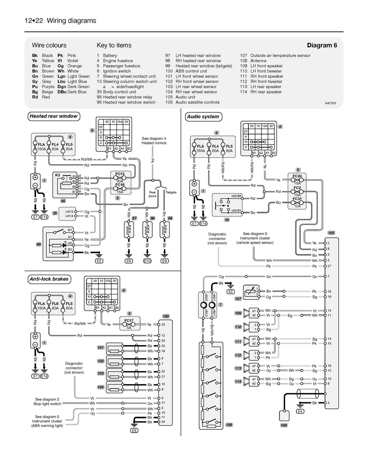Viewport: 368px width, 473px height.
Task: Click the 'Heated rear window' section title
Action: point(54,116)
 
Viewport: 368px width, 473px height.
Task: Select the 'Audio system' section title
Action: point(203,117)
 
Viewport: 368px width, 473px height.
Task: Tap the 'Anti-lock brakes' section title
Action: point(49,279)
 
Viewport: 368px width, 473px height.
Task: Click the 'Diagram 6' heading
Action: point(322,45)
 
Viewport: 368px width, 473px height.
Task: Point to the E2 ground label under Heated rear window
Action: point(99,261)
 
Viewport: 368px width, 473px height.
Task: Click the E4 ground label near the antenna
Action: point(300,411)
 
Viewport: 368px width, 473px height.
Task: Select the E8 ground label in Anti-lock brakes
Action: point(134,430)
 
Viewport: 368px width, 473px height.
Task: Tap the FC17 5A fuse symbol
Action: point(129,324)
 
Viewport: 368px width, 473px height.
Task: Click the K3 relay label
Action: point(58,175)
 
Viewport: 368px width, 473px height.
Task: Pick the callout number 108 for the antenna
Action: point(284,425)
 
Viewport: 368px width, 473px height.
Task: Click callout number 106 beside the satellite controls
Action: point(229,425)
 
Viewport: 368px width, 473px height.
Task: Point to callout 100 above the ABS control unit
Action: point(166,316)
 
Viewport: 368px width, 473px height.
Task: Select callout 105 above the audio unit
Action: point(331,233)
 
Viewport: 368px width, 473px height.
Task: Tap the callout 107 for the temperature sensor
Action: point(238,299)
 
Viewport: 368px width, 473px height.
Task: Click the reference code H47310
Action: point(331,103)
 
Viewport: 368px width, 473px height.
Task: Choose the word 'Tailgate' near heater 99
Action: point(171,192)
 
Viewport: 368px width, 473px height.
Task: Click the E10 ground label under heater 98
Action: point(147,261)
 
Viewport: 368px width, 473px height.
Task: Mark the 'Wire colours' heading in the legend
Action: point(49,45)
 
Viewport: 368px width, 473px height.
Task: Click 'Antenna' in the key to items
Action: point(258,61)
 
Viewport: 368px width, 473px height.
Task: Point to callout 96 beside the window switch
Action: point(39,244)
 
